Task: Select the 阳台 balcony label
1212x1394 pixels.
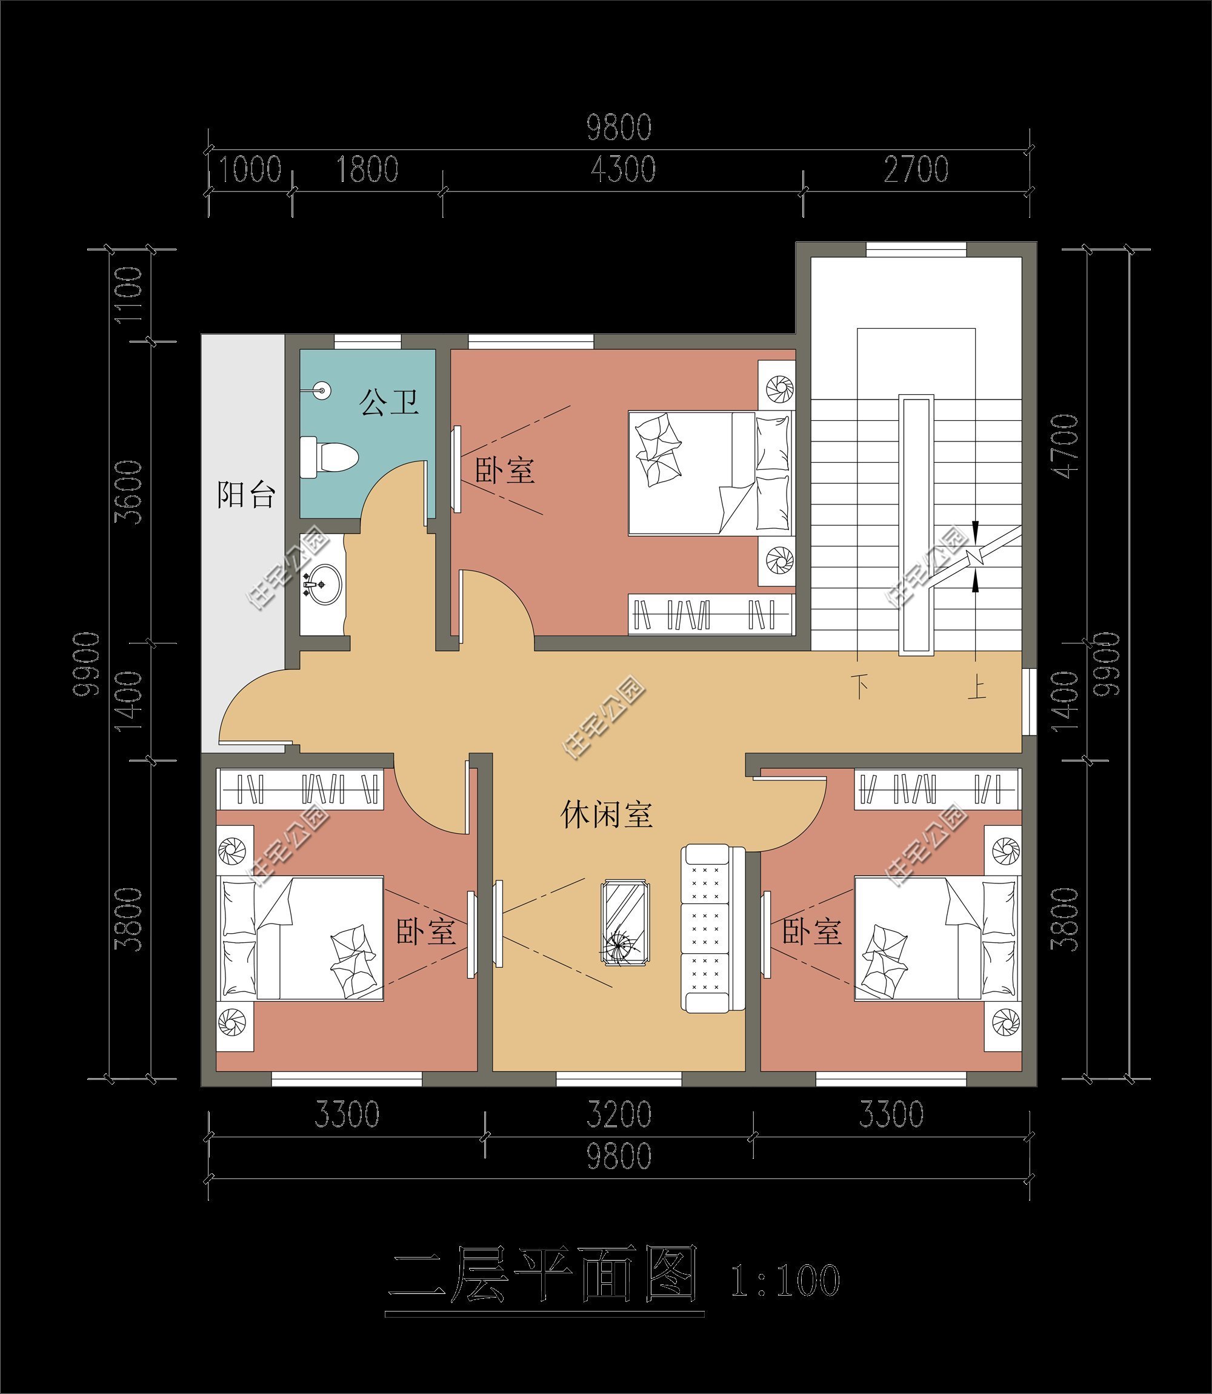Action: click(245, 495)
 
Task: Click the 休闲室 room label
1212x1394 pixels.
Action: click(607, 815)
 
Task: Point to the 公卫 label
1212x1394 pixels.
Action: click(389, 402)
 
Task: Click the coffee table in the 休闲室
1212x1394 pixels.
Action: click(625, 923)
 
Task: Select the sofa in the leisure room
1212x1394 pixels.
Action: click(712, 928)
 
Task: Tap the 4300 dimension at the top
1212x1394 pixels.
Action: click(623, 169)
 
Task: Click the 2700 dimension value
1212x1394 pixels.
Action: click(916, 169)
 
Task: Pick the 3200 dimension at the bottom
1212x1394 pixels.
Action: click(619, 1114)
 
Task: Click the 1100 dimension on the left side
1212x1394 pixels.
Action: click(129, 295)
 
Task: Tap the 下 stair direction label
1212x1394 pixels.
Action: click(860, 687)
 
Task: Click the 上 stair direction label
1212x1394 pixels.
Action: click(976, 688)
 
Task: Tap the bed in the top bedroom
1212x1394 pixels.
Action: click(710, 474)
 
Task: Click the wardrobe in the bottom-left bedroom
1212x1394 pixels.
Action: click(301, 788)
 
